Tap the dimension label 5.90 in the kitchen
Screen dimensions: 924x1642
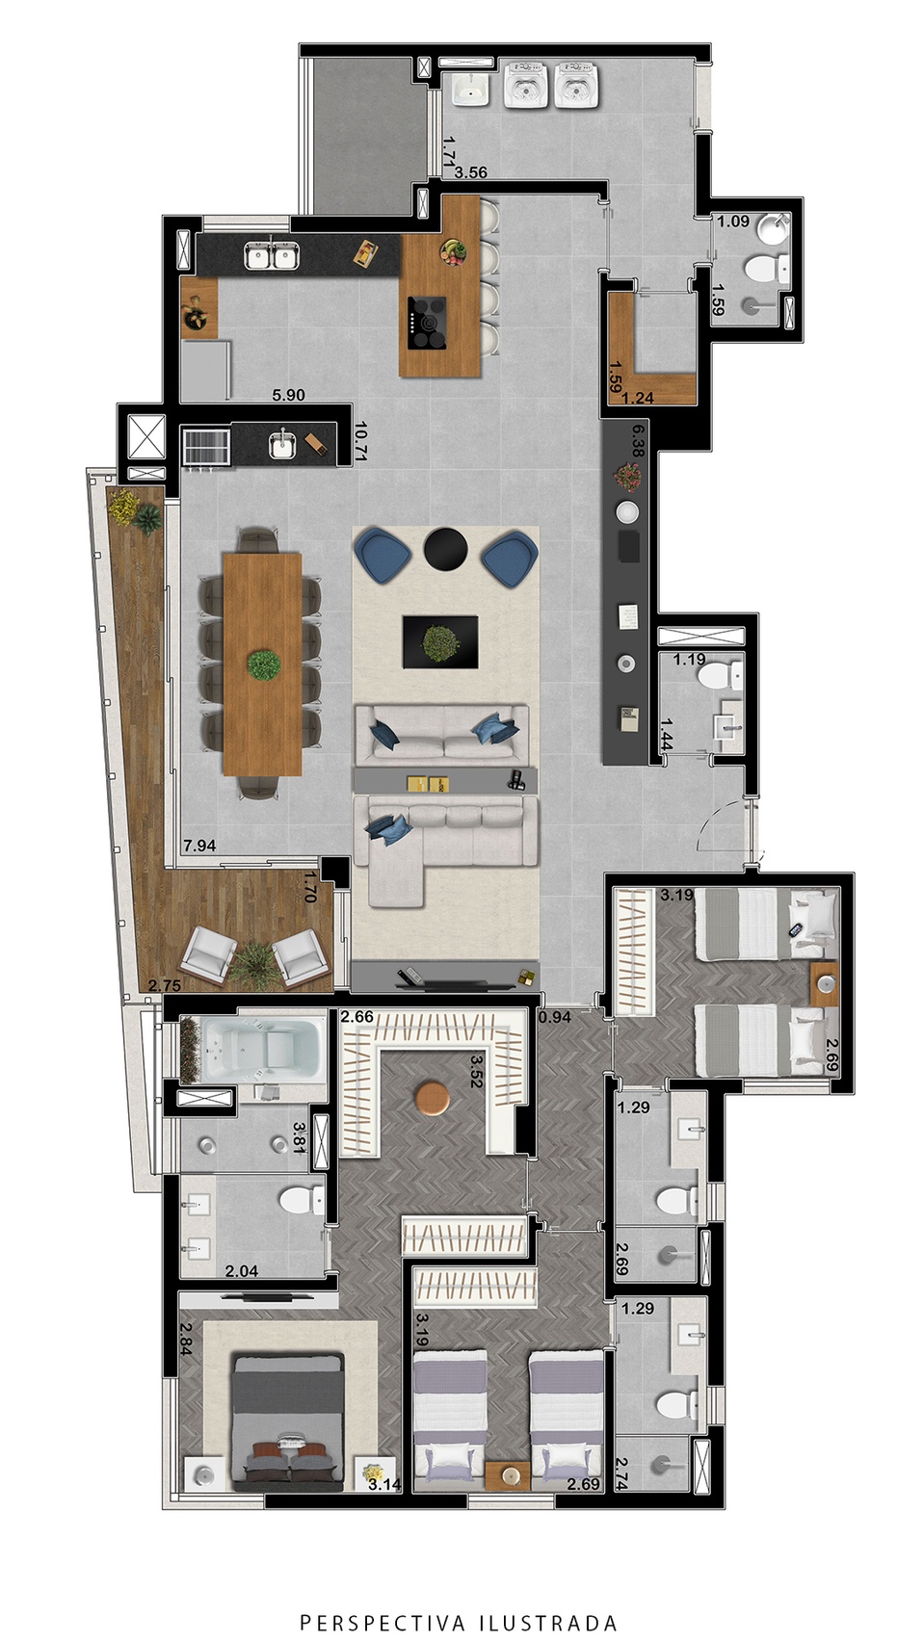click(x=288, y=395)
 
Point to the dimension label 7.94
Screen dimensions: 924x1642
click(x=199, y=846)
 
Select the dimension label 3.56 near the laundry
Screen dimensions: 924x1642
click(x=471, y=173)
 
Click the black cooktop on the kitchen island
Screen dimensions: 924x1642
click(x=428, y=323)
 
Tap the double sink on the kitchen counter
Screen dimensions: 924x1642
click(x=272, y=256)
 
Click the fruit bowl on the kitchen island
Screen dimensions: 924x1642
click(x=454, y=251)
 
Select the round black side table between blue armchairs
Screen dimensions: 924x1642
click(x=446, y=549)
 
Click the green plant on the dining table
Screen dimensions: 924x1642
click(x=263, y=665)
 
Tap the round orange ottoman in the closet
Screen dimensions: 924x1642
click(x=432, y=1097)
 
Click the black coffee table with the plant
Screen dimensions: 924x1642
click(x=440, y=642)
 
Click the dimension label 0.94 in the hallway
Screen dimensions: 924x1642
click(x=555, y=1017)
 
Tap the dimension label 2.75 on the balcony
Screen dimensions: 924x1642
click(x=164, y=986)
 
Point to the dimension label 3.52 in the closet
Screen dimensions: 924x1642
click(x=478, y=1072)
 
